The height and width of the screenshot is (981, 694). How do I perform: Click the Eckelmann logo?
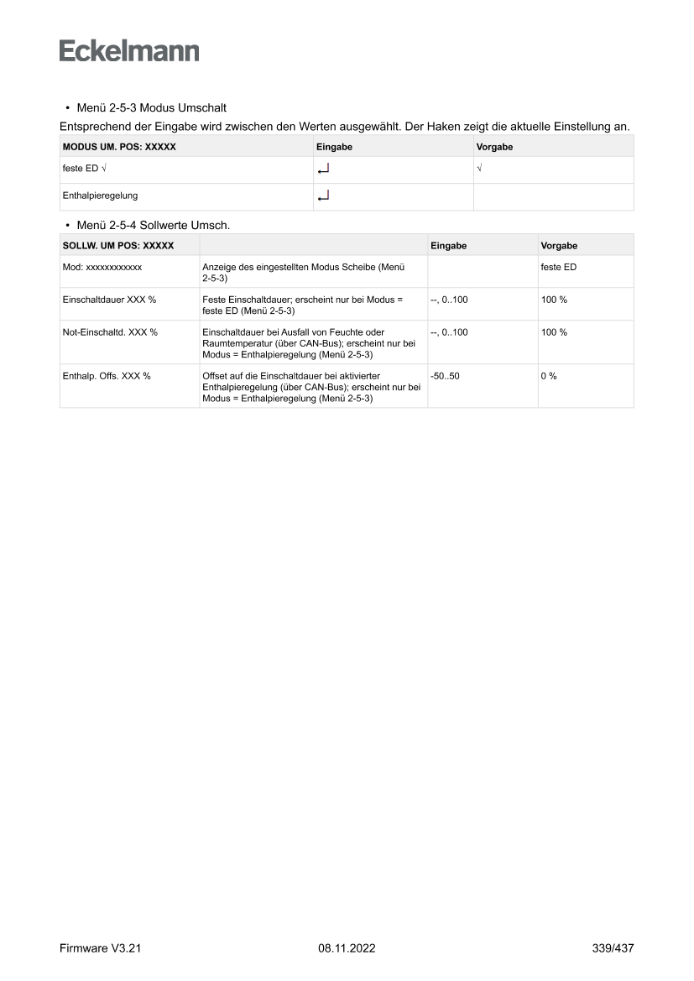tap(129, 50)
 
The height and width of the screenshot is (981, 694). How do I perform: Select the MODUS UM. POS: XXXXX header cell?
tap(119, 147)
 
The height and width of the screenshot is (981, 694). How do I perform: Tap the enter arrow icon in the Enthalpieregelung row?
tap(324, 196)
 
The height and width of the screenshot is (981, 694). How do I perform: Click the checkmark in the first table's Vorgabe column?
tap(479, 170)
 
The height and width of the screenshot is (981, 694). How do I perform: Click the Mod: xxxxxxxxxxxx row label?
tap(102, 267)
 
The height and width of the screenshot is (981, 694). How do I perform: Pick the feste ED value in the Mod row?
tap(558, 267)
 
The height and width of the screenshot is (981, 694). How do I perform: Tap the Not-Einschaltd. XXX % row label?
tap(110, 332)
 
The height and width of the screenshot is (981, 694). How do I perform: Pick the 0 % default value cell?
tap(549, 376)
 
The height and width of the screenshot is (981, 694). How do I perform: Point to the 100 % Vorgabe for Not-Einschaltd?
tap(554, 332)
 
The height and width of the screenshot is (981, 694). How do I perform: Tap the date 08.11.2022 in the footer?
tap(347, 948)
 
